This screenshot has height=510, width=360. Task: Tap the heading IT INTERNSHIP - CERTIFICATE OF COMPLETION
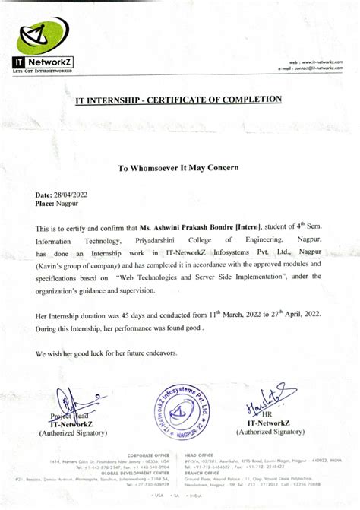click(178, 100)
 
